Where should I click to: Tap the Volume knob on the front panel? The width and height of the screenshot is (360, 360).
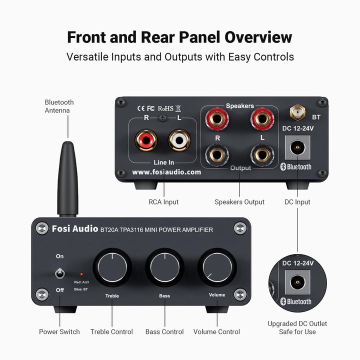pyautogui.click(x=217, y=266)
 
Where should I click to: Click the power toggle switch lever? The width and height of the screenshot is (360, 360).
pyautogui.click(x=60, y=273)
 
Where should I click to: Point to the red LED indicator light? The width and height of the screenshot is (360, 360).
pyautogui.click(x=81, y=274)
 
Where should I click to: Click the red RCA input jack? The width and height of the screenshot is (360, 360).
pyautogui.click(x=146, y=139)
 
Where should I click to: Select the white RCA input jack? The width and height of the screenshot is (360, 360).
pyautogui.click(x=179, y=139)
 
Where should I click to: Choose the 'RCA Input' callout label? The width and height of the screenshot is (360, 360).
pyautogui.click(x=163, y=202)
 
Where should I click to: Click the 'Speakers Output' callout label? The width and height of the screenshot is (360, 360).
pyautogui.click(x=239, y=202)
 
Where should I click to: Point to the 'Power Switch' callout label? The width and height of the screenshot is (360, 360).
pyautogui.click(x=59, y=331)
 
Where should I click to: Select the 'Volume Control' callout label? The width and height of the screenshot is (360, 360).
pyautogui.click(x=216, y=331)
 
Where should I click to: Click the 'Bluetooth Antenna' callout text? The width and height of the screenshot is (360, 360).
pyautogui.click(x=59, y=106)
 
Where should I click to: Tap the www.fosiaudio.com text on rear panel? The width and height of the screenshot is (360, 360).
pyautogui.click(x=166, y=171)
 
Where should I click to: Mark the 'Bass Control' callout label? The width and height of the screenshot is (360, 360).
pyautogui.click(x=164, y=331)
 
